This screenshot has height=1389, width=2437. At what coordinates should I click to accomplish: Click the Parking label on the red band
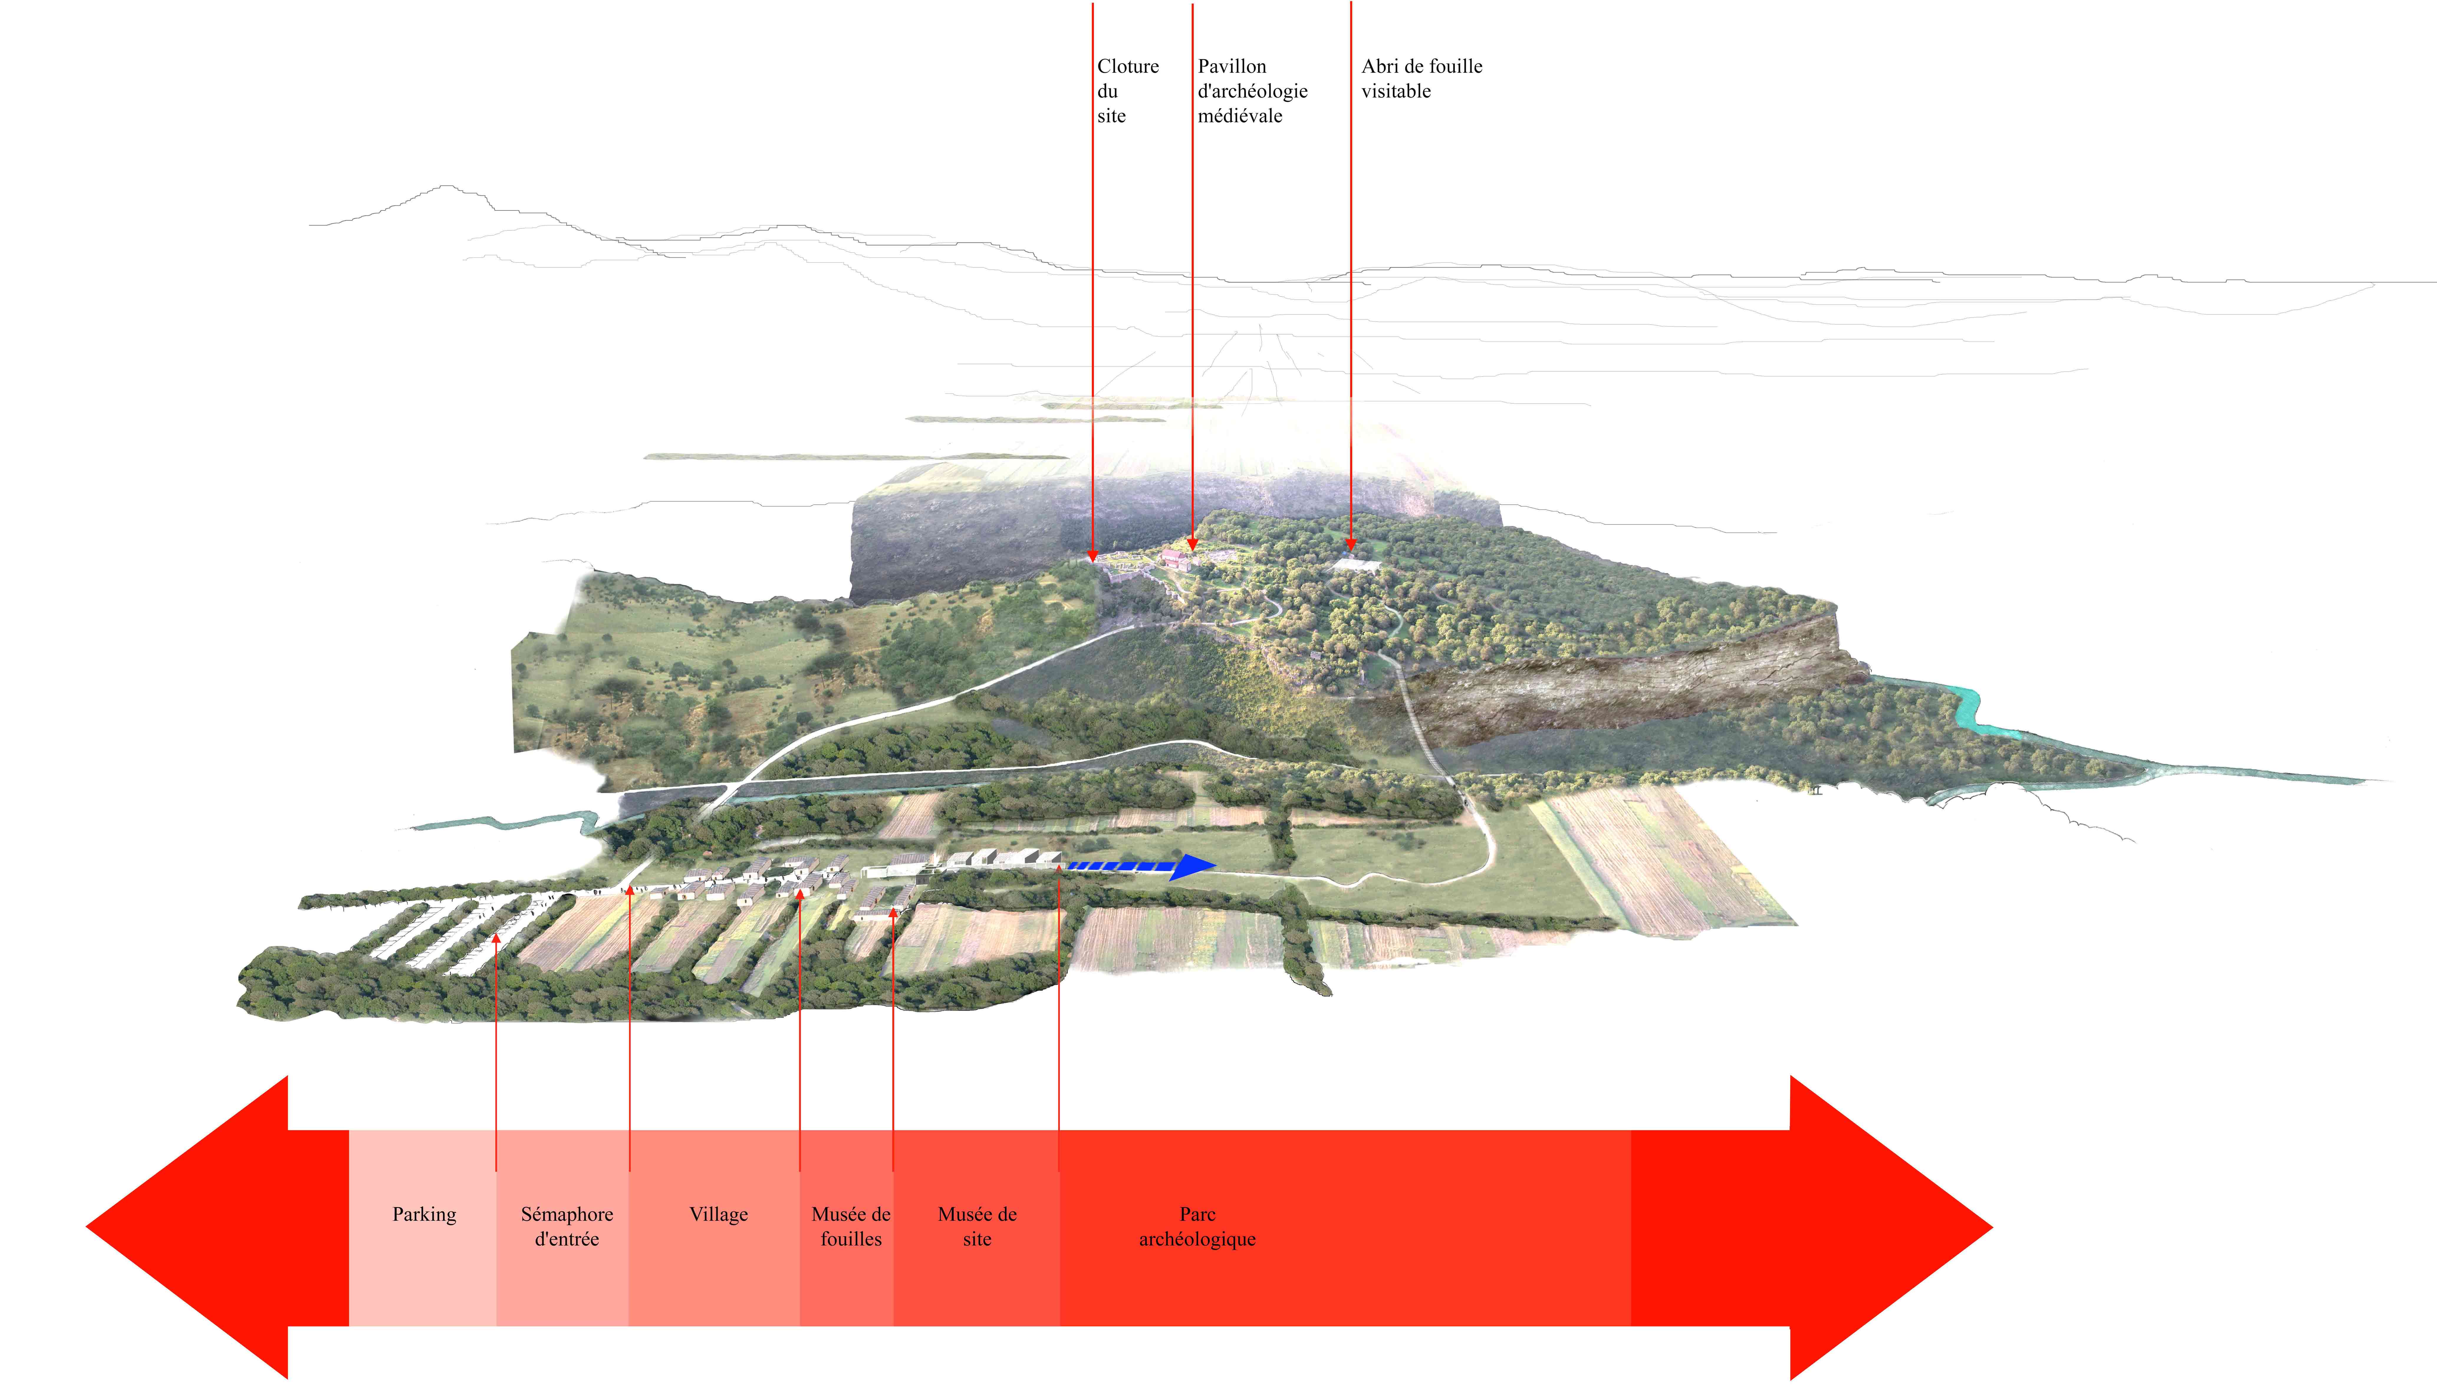click(424, 1214)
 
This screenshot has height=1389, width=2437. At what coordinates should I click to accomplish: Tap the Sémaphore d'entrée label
click(567, 1227)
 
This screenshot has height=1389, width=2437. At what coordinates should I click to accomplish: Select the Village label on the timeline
click(718, 1214)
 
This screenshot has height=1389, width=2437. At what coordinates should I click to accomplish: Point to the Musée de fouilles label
click(851, 1227)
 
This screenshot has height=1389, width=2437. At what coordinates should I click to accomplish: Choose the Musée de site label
click(977, 1227)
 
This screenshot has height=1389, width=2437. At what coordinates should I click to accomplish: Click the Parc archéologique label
click(1197, 1227)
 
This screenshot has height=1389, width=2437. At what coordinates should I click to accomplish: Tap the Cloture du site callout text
click(1127, 90)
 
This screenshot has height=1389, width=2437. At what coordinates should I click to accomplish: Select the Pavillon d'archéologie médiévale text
click(1252, 90)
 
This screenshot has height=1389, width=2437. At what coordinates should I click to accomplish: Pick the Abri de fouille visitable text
click(1421, 78)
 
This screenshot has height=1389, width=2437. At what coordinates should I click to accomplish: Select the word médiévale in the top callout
click(1240, 116)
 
